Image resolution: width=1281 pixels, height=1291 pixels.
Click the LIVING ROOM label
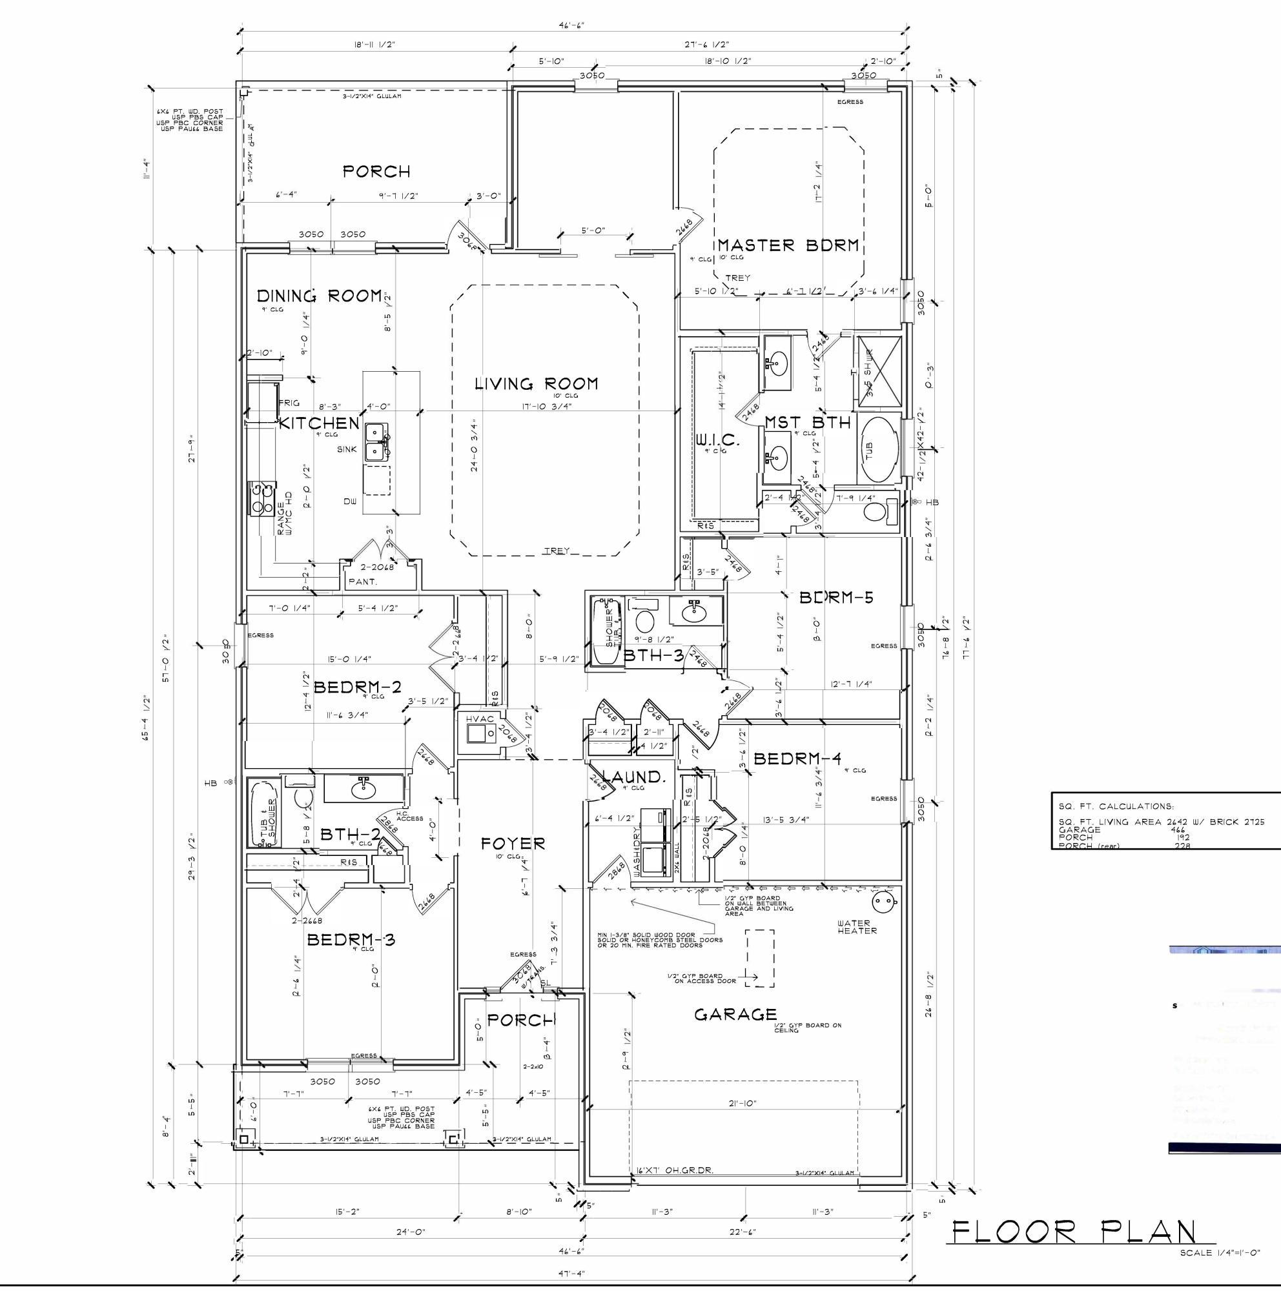pos(536,383)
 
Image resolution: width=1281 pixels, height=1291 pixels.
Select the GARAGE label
pos(735,1015)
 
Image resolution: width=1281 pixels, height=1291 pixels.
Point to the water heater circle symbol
pos(883,903)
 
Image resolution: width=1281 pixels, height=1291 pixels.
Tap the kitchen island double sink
pos(377,442)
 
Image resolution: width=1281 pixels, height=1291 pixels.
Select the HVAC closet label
pos(479,719)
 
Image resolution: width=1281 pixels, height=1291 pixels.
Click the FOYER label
pos(513,844)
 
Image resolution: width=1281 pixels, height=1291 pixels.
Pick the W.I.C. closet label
pos(717,440)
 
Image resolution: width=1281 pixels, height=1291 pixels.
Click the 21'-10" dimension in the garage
pos(742,1104)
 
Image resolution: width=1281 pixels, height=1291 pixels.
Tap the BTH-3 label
pos(653,656)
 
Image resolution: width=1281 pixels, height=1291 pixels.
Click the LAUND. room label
pos(635,777)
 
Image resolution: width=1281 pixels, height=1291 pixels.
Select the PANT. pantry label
pos(363,582)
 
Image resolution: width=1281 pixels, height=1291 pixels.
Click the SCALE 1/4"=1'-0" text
pos(1219,1252)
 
